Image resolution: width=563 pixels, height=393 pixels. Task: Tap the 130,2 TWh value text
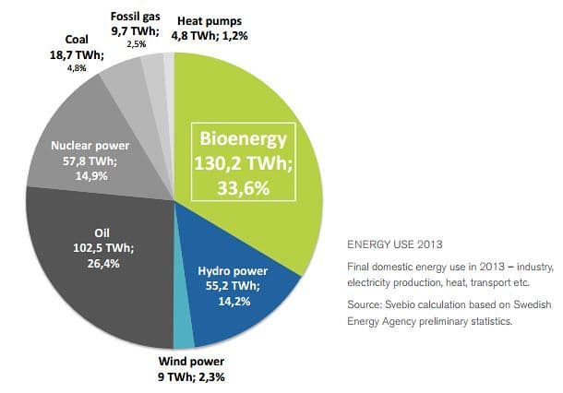coord(244,164)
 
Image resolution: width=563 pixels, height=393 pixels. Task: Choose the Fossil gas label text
coord(137,17)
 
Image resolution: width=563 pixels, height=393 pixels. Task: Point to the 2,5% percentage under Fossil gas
coord(137,43)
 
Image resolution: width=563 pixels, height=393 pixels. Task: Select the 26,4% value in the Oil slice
coord(103,263)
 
